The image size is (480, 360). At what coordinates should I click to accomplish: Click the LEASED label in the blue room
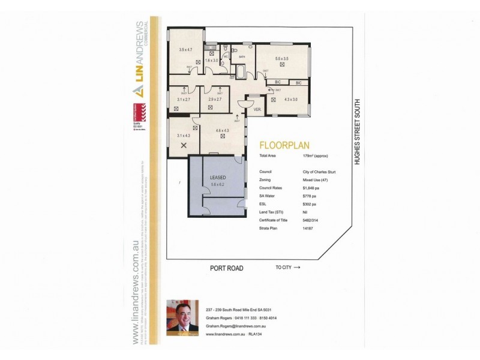coord(217,178)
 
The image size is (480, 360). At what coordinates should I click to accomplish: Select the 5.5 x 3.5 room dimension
coord(282,59)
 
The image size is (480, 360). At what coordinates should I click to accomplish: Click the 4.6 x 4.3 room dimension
coord(223,129)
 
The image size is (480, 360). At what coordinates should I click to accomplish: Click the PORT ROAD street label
coord(226,268)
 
